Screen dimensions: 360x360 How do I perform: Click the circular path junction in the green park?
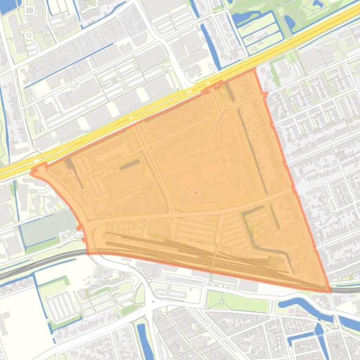[221, 302]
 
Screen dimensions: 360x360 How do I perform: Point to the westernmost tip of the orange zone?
[31, 172]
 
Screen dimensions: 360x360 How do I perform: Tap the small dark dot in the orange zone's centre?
[196, 193]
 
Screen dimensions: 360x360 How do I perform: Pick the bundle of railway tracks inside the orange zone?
[187, 252]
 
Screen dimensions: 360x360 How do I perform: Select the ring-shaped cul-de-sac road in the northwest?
[29, 35]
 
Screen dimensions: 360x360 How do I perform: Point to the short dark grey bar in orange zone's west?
[130, 164]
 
